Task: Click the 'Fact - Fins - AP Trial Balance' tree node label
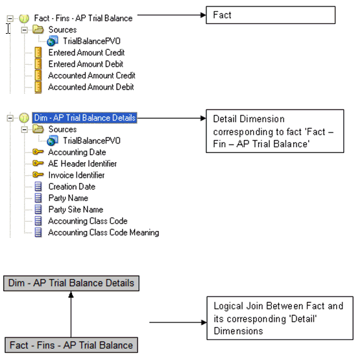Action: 82,18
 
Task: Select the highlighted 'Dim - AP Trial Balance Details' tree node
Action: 84,118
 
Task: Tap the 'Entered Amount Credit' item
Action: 86,53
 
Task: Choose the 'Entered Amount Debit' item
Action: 86,64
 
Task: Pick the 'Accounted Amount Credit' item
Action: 91,76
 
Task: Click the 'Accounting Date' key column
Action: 76,152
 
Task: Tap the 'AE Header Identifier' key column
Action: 82,163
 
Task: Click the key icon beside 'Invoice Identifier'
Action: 38,175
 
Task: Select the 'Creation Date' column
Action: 71,187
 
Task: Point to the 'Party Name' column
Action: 68,198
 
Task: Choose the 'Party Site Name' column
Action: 76,210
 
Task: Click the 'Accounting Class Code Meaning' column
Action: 103,232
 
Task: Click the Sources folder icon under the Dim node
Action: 38,130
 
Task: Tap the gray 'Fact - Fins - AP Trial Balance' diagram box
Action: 71,345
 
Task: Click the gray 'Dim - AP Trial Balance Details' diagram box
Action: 71,283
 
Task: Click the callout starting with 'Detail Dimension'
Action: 274,130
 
